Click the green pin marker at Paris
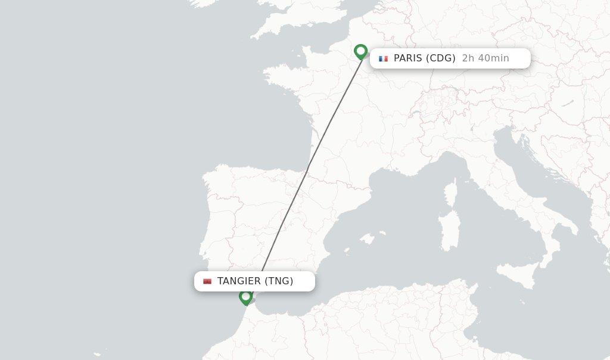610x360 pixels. tap(360, 51)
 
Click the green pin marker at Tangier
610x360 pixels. tap(245, 296)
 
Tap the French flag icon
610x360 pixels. tap(383, 58)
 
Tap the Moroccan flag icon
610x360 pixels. tap(207, 281)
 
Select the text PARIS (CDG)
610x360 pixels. tap(424, 58)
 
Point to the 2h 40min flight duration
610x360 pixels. tap(485, 58)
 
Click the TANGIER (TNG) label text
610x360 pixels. tap(255, 281)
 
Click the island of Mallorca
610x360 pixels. tap(368, 239)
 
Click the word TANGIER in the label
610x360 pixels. tap(239, 281)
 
